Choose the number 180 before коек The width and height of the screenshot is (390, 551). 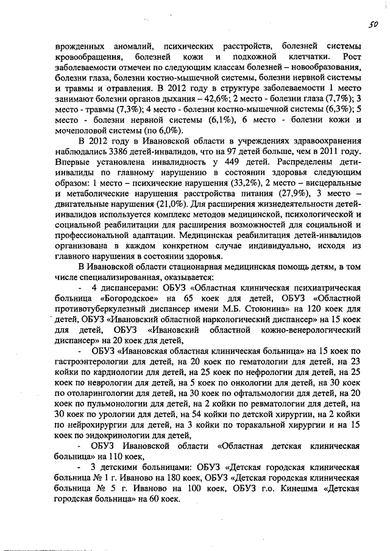156,478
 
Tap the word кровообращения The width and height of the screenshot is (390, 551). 92,57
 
